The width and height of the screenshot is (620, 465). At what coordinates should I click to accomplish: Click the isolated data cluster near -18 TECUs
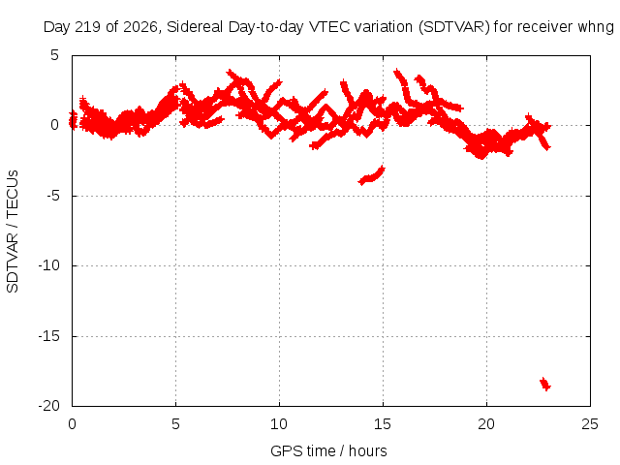545,384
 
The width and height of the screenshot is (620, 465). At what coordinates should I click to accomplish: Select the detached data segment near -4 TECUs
371,176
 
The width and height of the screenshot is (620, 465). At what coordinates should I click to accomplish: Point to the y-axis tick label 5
54,55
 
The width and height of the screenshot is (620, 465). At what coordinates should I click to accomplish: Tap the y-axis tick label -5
51,196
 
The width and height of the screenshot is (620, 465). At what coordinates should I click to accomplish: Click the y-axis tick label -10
49,265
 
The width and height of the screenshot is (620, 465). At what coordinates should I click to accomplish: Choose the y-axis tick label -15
49,336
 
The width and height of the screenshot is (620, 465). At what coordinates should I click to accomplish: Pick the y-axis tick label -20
49,406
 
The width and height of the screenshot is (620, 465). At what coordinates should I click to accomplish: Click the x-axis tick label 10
279,424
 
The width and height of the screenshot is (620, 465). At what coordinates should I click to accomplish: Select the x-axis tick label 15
383,424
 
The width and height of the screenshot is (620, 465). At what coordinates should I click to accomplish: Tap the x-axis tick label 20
486,424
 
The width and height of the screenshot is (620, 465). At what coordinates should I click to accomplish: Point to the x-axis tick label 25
590,424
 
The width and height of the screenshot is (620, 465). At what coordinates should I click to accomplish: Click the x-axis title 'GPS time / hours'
328,451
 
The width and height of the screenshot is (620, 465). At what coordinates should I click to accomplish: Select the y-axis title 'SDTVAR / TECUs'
13,232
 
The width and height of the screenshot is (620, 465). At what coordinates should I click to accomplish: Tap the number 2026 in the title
140,27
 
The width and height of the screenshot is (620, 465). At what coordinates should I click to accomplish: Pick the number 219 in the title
90,27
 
